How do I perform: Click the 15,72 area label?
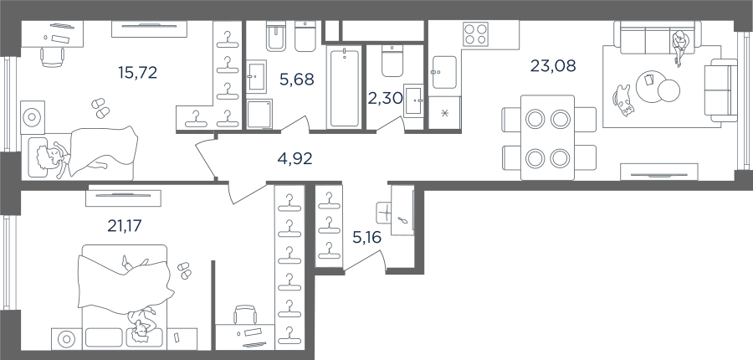[x=137, y=73]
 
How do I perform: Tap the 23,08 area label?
[x=553, y=65]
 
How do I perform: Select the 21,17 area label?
[x=125, y=225]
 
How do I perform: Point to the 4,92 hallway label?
[x=295, y=158]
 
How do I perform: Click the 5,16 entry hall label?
[x=366, y=237]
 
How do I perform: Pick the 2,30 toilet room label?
[x=385, y=98]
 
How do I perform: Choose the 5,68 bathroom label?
[x=297, y=79]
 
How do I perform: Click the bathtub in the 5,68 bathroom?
[x=345, y=87]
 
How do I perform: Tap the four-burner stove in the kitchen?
[x=475, y=34]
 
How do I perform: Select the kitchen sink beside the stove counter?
[x=444, y=73]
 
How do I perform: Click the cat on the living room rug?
[x=622, y=100]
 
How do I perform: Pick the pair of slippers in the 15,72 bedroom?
[x=100, y=108]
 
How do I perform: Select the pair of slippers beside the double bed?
[x=184, y=270]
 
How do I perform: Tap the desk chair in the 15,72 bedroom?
[x=53, y=57]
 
